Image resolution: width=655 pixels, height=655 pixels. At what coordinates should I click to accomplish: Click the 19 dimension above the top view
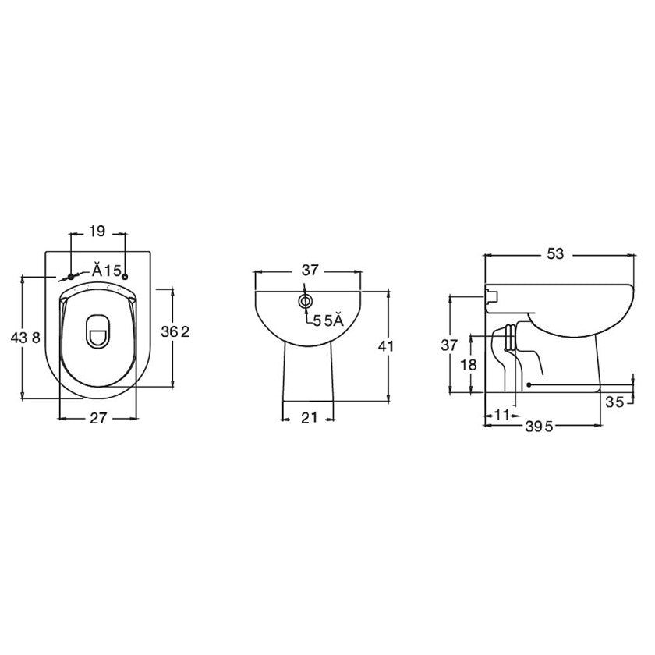point(97,232)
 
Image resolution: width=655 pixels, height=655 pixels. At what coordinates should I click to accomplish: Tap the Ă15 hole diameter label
point(106,270)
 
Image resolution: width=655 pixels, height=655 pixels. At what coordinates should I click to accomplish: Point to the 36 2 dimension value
point(175,331)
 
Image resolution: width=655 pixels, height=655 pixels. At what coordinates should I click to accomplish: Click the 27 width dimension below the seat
point(97,418)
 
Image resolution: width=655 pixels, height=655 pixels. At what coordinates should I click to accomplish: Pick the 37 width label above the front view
point(310,270)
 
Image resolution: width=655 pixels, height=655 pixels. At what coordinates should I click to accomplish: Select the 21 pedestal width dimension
point(309,418)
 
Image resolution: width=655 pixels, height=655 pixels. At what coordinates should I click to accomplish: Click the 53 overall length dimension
point(556,254)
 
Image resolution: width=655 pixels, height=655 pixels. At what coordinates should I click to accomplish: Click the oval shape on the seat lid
point(97,331)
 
